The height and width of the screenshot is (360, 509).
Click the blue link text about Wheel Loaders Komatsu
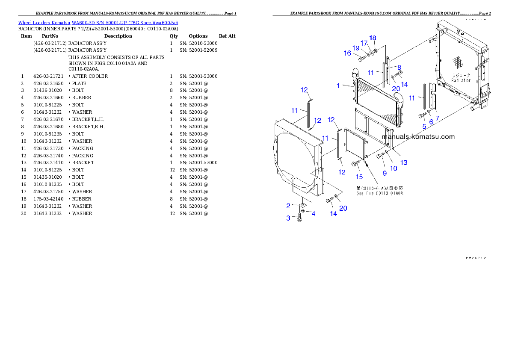98,23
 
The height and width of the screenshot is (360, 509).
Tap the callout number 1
338,86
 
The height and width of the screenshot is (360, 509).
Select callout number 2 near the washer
288,206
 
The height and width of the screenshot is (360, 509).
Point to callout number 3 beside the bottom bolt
288,218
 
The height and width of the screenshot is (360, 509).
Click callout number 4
314,213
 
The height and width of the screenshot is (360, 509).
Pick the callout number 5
424,126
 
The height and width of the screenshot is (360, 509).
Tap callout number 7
437,118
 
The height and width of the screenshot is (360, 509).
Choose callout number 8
399,68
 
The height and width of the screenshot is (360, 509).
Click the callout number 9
385,173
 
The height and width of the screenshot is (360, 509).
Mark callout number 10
394,168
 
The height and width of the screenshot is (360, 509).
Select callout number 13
404,162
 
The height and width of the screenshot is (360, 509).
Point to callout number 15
359,177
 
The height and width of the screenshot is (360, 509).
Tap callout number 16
347,53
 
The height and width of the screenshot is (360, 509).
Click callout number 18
373,38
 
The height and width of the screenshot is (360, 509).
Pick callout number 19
356,48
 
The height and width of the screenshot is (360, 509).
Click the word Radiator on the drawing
461,80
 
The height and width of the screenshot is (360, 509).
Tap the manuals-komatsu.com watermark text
418,137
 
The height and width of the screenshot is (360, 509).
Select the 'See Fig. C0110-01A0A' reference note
380,193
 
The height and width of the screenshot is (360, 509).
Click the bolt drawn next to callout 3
299,218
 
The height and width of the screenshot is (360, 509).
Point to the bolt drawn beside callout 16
361,58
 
